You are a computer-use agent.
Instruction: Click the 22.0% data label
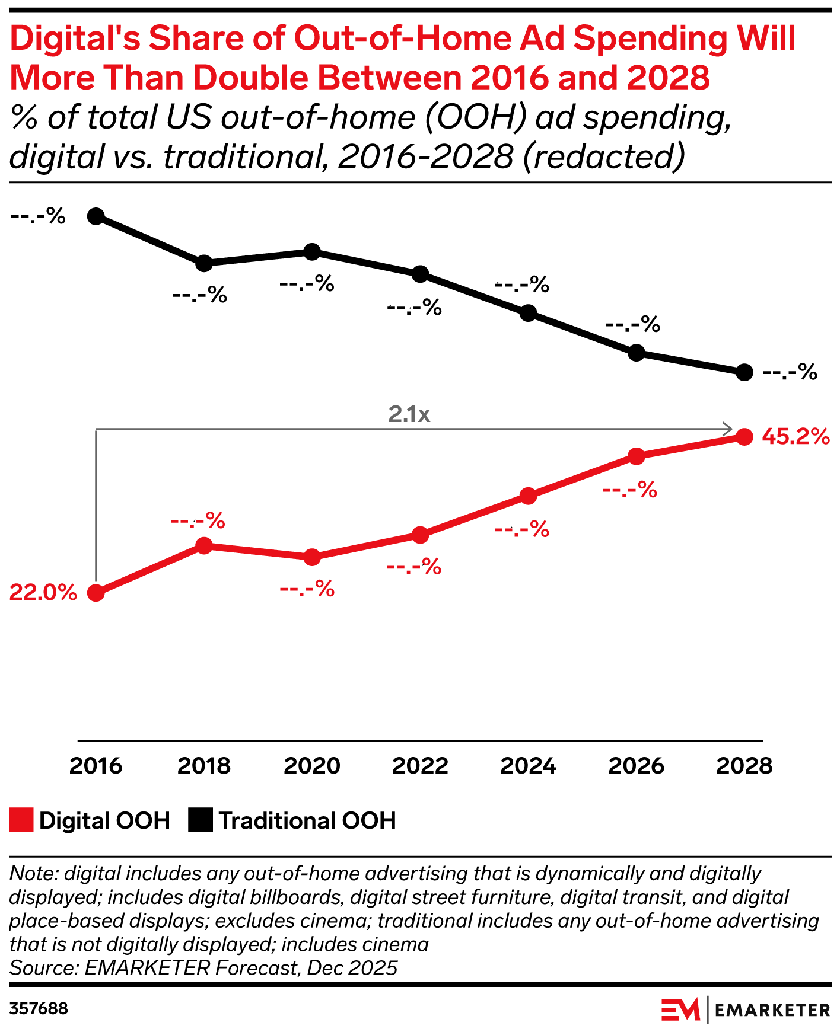point(43,592)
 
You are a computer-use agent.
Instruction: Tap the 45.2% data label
point(796,437)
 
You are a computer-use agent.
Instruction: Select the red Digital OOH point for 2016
point(96,593)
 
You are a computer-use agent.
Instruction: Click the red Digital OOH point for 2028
point(744,437)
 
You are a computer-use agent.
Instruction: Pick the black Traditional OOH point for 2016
point(96,216)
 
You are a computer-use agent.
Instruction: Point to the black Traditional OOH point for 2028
point(744,372)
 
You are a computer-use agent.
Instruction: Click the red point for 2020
point(312,557)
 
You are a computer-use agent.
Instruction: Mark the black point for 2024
point(528,313)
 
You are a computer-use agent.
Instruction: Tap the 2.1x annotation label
point(409,414)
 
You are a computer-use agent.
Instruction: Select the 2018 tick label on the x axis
point(203,765)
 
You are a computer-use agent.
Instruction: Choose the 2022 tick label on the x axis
point(420,765)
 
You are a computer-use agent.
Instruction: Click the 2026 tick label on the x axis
point(636,765)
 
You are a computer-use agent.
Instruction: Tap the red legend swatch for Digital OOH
point(21,820)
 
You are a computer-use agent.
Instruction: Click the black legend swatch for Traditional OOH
point(201,820)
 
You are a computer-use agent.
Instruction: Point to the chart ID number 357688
point(39,1009)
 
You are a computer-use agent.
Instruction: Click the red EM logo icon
point(680,1009)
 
